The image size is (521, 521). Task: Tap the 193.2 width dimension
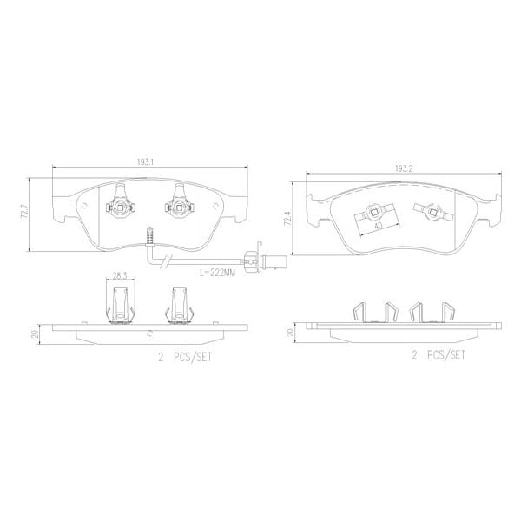click(x=402, y=168)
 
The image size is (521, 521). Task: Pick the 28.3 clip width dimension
click(x=121, y=278)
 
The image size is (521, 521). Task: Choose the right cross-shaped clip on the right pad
click(x=429, y=210)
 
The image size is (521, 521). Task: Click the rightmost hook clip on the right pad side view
click(x=447, y=313)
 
